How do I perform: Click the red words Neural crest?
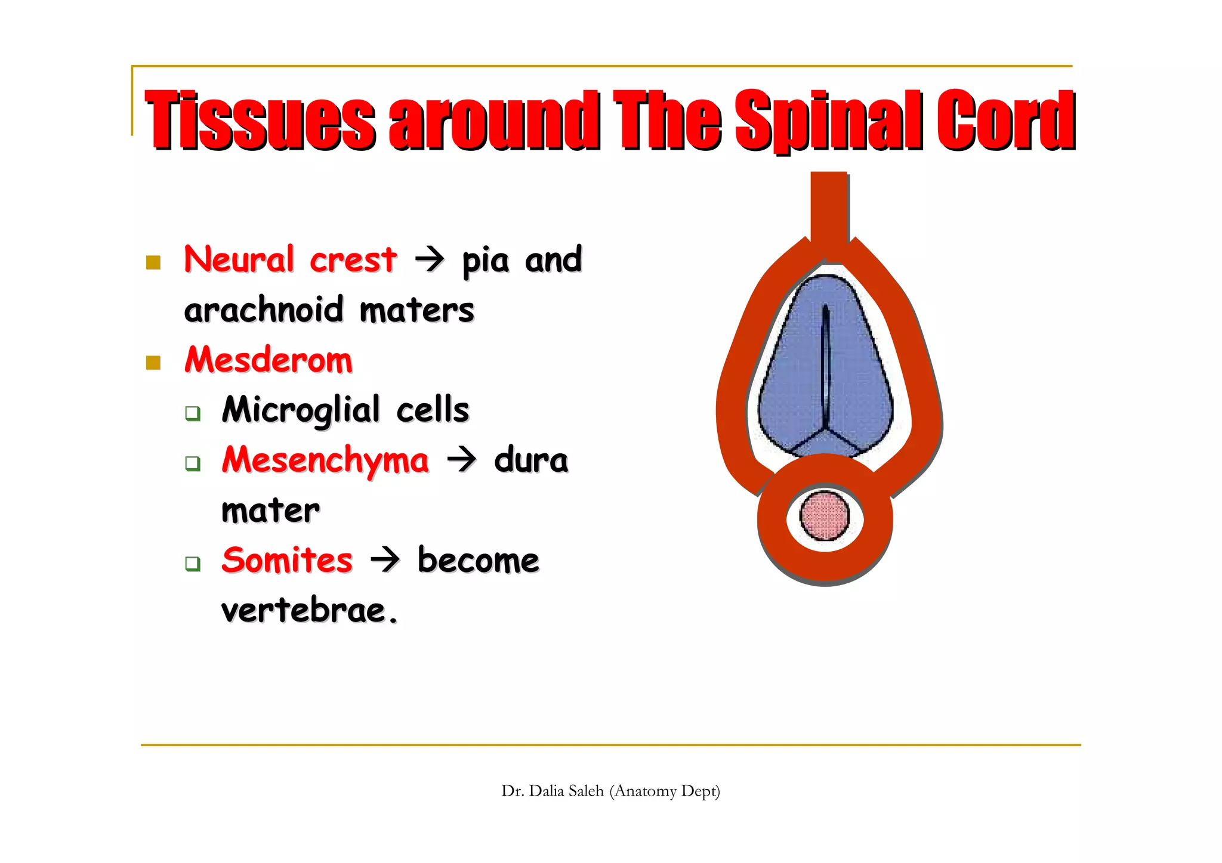pos(290,259)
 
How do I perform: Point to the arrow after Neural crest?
pos(430,259)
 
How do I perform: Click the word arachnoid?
pos(264,310)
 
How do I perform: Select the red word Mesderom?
pos(269,360)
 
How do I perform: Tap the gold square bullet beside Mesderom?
pos(153,363)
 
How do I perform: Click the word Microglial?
pos(301,410)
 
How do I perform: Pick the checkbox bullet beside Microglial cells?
pos(192,413)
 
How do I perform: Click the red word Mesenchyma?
pos(325,460)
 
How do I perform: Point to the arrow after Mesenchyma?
pos(462,460)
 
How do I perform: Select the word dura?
pos(531,460)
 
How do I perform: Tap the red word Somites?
pos(287,561)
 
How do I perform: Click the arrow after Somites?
pos(385,560)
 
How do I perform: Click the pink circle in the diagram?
pos(825,516)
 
